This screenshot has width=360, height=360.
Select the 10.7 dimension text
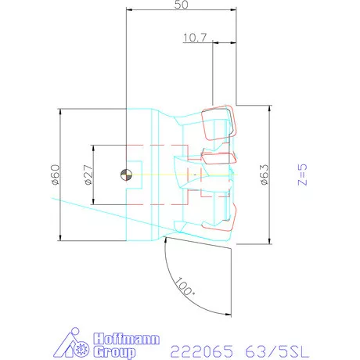pos(194,37)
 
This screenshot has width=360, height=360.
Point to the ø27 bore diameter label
pos(88,175)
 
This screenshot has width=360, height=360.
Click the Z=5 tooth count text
pos(302,175)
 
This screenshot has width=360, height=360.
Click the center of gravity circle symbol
pos(126,175)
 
